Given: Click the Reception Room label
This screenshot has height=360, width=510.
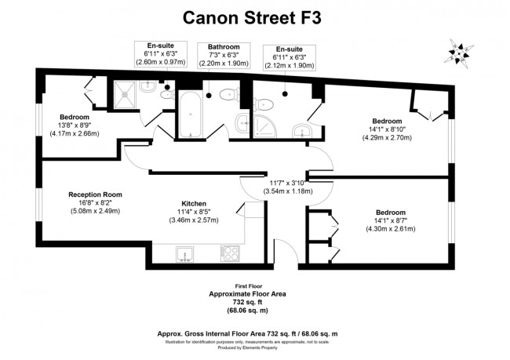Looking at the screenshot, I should [x=96, y=195].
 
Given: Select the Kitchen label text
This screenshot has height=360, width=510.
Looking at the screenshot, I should [x=194, y=202].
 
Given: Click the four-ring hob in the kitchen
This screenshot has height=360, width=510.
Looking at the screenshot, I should [x=229, y=254].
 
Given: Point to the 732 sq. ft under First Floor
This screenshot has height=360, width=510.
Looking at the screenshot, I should [x=246, y=302].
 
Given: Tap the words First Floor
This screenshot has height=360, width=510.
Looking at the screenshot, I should [x=246, y=285].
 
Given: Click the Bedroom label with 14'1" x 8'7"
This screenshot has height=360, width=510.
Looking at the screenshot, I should [x=390, y=213].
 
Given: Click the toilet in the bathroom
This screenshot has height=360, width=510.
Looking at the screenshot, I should [x=227, y=96].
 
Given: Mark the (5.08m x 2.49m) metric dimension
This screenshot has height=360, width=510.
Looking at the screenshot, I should [x=96, y=211].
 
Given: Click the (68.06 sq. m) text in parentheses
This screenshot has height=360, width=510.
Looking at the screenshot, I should [x=246, y=311].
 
